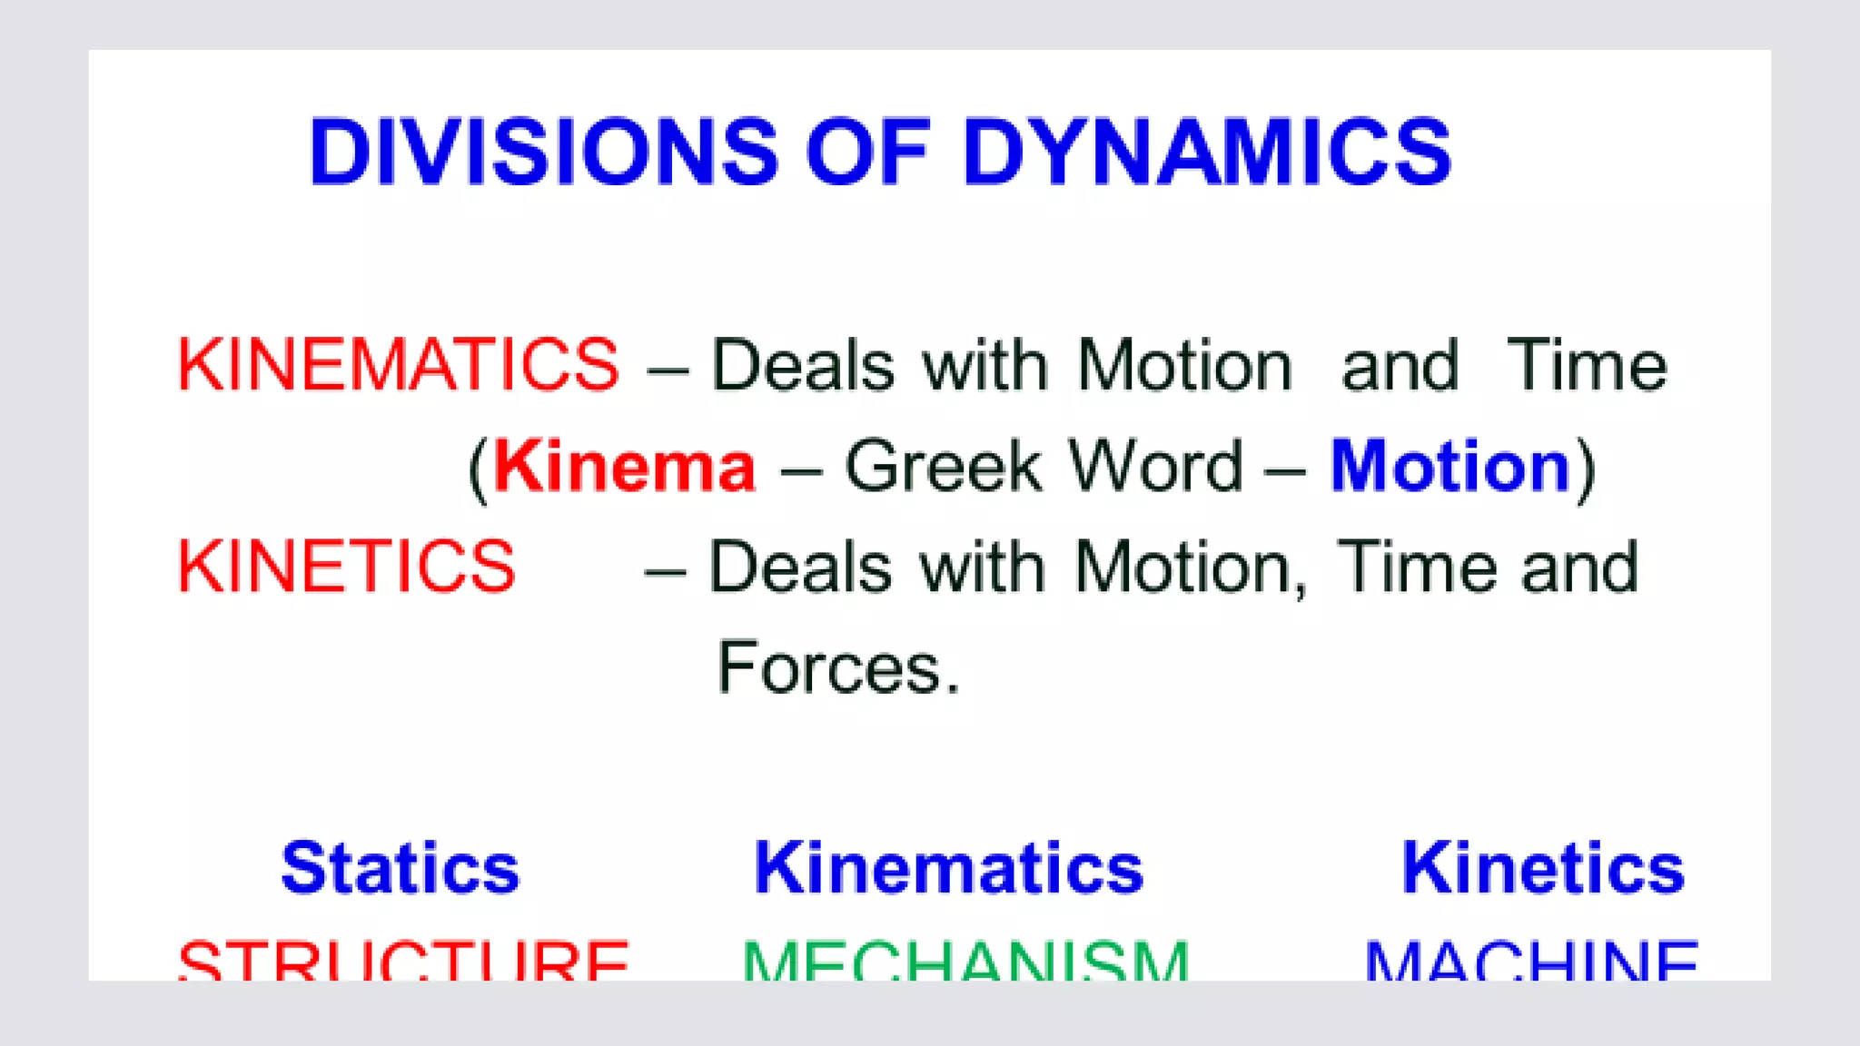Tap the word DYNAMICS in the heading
(1207, 153)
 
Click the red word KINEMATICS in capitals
(398, 365)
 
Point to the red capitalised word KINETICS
(346, 567)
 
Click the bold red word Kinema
(625, 467)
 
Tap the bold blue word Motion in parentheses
(1450, 467)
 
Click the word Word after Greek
(1155, 467)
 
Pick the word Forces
(837, 668)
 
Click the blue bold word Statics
(401, 868)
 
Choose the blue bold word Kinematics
(948, 868)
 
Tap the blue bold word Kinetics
(1543, 868)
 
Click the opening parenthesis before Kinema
(478, 469)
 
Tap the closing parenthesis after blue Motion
(1584, 469)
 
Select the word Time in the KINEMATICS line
(1586, 365)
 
